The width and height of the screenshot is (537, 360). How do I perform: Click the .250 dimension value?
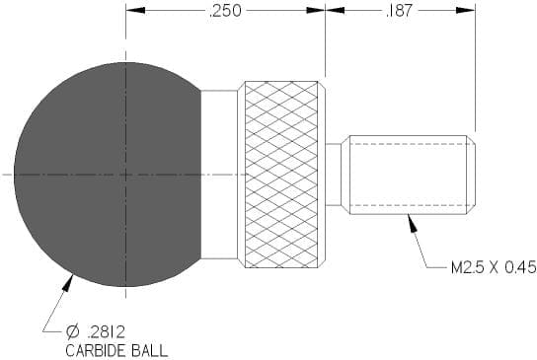[x=225, y=11]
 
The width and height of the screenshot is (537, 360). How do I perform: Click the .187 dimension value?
[x=400, y=11]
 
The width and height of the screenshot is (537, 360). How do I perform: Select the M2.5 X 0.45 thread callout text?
[x=494, y=267]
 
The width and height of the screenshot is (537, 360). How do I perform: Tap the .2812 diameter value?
[x=107, y=331]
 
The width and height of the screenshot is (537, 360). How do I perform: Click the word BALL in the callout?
[x=150, y=351]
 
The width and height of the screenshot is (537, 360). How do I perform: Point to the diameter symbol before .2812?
[x=73, y=331]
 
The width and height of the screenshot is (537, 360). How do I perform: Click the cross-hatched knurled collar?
[x=281, y=175]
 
